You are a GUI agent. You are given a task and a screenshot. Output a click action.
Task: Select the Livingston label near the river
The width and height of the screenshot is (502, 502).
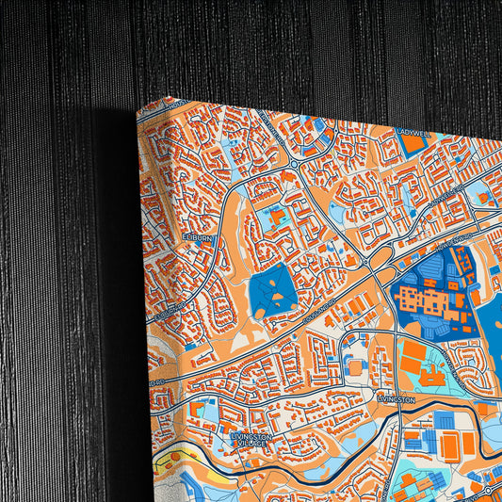click(396, 399)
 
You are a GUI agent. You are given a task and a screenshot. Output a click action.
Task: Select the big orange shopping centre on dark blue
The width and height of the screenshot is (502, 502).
click(424, 301)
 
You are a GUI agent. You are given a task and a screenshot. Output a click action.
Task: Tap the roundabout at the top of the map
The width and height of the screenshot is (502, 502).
click(294, 162)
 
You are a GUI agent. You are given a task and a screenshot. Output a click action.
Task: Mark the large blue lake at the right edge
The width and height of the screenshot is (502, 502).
click(494, 330)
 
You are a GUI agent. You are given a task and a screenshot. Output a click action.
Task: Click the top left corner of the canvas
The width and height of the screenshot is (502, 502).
click(138, 109)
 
